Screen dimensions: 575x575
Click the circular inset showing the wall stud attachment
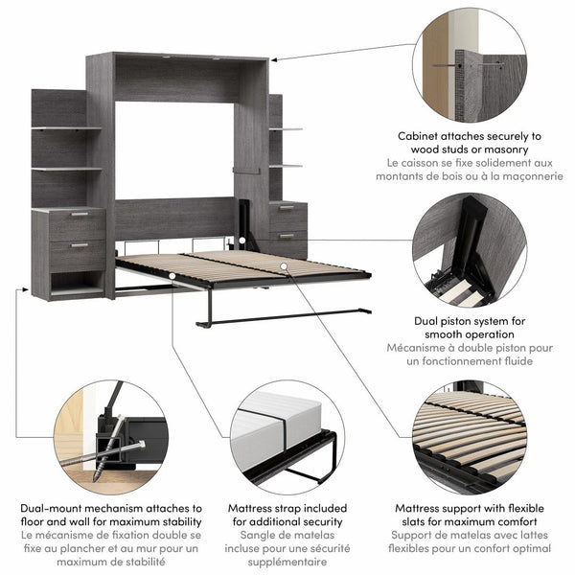(469, 65)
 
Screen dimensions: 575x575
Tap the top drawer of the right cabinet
(287, 210)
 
